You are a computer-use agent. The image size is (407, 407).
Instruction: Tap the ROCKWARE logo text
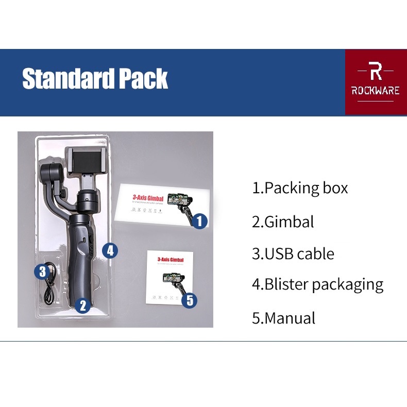376,91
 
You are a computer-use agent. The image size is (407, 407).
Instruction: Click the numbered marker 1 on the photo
200,222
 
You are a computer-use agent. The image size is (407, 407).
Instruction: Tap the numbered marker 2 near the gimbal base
83,306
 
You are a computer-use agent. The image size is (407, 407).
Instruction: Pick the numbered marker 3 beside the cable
43,271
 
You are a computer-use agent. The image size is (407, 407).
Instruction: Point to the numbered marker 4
110,251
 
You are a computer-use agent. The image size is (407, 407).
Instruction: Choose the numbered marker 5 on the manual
190,300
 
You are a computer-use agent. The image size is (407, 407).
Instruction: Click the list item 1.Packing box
300,188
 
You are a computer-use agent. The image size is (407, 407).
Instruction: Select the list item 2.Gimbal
283,222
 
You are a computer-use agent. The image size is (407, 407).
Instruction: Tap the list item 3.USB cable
293,253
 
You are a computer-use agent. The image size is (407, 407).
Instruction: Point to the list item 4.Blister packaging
317,284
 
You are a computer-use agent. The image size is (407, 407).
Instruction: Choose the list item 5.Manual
283,318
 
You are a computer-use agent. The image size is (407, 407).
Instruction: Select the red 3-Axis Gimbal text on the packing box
148,198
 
